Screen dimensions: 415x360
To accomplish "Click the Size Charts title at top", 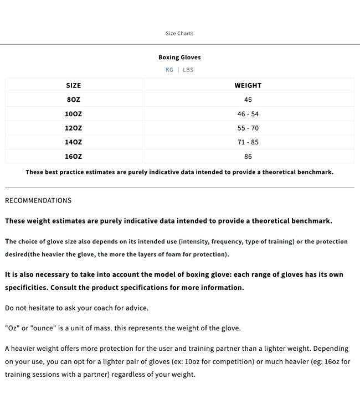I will [179, 34].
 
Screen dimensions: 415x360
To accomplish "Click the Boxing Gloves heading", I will [179, 58].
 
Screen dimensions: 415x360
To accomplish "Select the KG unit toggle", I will [169, 70].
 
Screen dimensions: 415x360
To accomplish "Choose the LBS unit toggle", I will [188, 70].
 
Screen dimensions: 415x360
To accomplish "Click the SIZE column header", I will [73, 86].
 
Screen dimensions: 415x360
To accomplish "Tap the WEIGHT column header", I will [248, 86].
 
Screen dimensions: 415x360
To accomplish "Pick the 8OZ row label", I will [73, 100].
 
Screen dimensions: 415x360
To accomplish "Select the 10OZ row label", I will [73, 114].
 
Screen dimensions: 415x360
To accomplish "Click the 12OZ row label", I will [73, 128].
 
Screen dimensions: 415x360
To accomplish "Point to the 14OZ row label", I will [73, 142].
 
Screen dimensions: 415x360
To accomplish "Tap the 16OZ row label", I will [73, 157].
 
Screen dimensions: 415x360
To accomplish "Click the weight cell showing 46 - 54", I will [248, 114].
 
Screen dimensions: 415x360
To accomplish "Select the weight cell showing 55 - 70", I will [248, 128].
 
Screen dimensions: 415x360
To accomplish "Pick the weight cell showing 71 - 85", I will [248, 142].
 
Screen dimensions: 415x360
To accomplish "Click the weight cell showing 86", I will [248, 157].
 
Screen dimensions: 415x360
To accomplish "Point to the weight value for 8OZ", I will [248, 100].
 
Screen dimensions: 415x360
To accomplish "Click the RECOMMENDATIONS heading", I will [38, 201].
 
